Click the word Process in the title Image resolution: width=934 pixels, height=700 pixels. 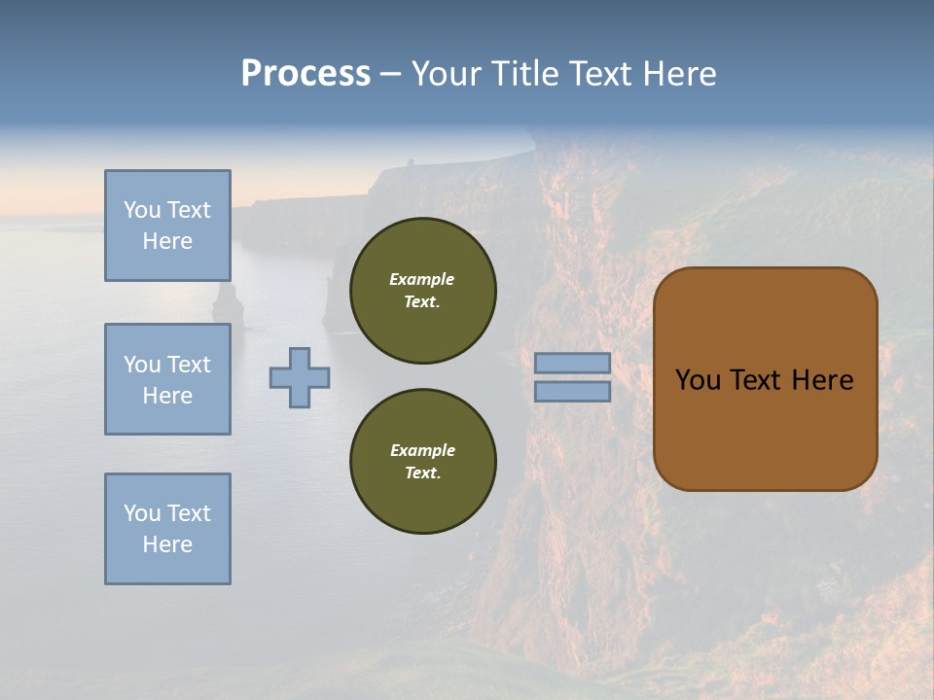click(x=305, y=74)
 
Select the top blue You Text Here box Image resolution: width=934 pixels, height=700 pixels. click(x=167, y=226)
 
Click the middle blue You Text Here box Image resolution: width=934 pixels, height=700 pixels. click(x=167, y=379)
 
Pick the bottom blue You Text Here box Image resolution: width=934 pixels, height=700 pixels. click(x=167, y=529)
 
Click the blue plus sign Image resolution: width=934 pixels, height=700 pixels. click(x=300, y=377)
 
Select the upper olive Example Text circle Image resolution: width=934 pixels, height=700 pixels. click(x=422, y=291)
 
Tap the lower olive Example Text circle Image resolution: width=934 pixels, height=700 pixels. click(x=422, y=462)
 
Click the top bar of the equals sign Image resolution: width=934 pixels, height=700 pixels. click(x=573, y=364)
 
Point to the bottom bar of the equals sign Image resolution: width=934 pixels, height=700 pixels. click(x=573, y=391)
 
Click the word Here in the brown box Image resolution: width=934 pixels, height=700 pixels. click(x=822, y=380)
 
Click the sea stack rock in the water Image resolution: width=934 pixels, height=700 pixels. click(x=228, y=303)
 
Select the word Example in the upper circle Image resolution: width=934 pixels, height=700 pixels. click(x=422, y=279)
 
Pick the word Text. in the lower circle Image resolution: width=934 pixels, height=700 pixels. click(x=422, y=473)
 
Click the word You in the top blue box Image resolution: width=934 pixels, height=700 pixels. click(x=141, y=210)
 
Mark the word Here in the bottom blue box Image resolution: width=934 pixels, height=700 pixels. click(x=167, y=544)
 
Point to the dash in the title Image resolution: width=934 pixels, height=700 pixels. click(x=390, y=74)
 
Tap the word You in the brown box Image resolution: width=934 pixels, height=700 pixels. click(x=698, y=380)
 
